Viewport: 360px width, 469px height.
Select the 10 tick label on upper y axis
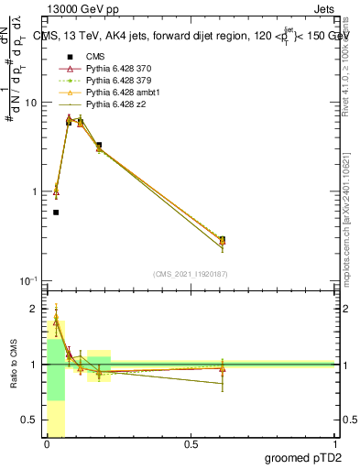point(30,103)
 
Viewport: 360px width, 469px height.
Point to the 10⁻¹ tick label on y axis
point(28,279)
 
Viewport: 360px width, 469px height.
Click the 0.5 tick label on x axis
point(191,444)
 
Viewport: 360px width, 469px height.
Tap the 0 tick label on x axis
point(47,444)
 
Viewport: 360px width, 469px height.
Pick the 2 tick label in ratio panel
point(36,309)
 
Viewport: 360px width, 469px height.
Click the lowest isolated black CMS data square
point(56,213)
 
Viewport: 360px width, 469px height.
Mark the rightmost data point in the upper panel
point(223,240)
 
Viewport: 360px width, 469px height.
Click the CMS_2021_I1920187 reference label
point(190,274)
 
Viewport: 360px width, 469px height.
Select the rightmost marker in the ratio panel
point(223,368)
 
